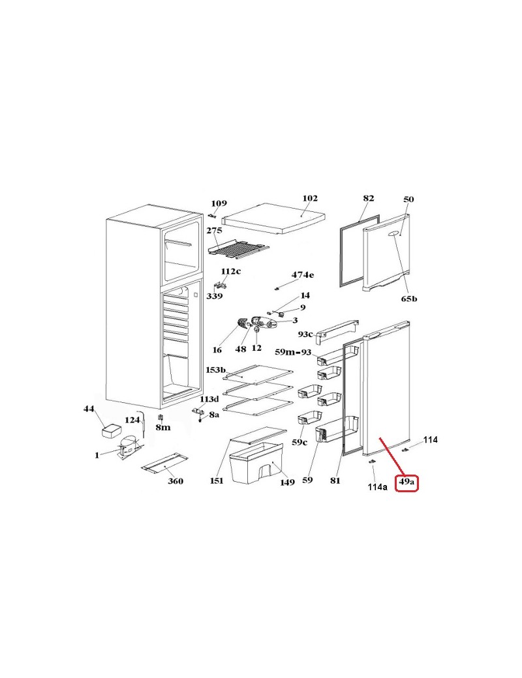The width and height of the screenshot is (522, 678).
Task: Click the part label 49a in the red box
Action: click(x=407, y=481)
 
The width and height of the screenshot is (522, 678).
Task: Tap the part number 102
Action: click(x=310, y=198)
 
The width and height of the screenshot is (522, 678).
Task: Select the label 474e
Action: click(x=303, y=274)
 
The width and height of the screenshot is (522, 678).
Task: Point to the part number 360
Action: click(x=176, y=481)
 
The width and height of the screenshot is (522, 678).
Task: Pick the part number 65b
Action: click(x=408, y=299)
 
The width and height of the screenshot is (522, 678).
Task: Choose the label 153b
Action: click(x=216, y=370)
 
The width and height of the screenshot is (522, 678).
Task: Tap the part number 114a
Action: click(x=377, y=487)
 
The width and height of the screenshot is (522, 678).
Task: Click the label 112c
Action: click(x=231, y=271)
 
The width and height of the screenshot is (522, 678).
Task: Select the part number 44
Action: click(x=89, y=409)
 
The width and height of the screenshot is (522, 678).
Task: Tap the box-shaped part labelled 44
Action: click(x=112, y=431)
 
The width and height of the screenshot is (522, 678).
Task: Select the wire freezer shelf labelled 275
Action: click(x=238, y=248)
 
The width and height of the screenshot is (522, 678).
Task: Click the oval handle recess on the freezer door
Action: click(x=394, y=233)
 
